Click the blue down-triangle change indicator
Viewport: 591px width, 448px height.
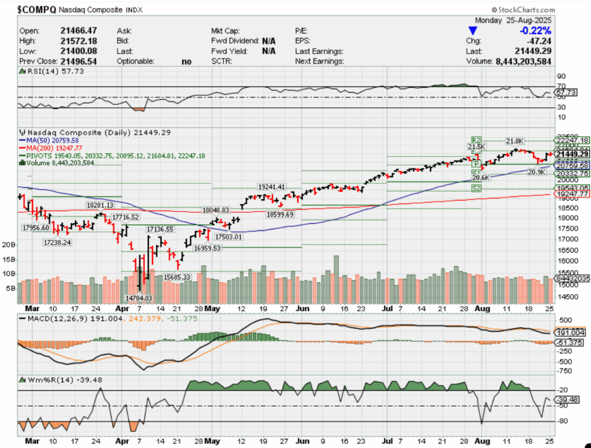click(x=473, y=31)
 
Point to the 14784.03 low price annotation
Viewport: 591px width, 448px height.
click(x=139, y=298)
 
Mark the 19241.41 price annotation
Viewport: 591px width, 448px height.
click(x=272, y=187)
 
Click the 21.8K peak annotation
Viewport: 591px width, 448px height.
click(x=515, y=141)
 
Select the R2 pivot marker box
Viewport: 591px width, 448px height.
click(x=476, y=140)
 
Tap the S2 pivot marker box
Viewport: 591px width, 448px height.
click(x=476, y=189)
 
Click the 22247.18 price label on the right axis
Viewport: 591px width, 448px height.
click(x=572, y=140)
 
